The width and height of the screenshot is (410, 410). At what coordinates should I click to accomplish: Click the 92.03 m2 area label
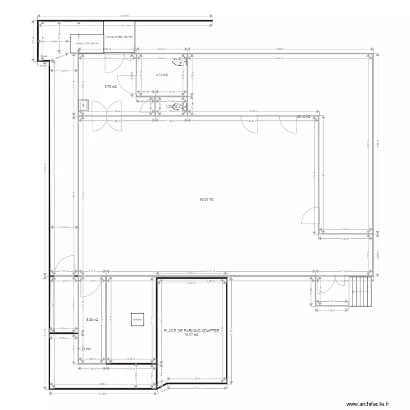pos(206,200)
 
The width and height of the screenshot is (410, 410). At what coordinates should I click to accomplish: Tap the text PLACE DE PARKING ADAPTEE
pos(191,331)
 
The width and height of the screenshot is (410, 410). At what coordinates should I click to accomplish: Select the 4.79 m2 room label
pos(161,75)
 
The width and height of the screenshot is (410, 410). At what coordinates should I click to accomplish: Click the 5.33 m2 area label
pos(92,320)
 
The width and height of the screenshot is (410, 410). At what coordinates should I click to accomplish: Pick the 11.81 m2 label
pos(84,349)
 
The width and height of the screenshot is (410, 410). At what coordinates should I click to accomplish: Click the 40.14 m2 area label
pos(303,117)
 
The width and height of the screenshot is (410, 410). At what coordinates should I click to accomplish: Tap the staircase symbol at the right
pos(360,292)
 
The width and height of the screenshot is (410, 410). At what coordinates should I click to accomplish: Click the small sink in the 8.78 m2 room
pos(84,104)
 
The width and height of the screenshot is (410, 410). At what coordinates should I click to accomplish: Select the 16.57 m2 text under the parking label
pos(191,336)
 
